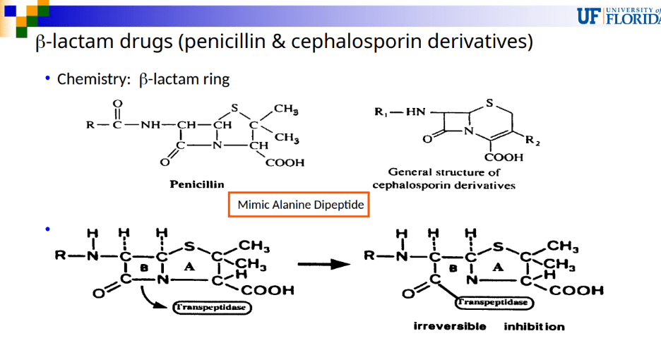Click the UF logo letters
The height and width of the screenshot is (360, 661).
click(589, 16)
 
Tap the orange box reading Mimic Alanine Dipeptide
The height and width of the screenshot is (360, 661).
click(299, 205)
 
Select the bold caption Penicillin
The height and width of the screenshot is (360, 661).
click(197, 184)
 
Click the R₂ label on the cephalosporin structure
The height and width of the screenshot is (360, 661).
click(532, 140)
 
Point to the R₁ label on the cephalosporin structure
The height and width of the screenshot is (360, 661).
click(380, 112)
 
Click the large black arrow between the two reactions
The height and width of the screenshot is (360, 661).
click(323, 264)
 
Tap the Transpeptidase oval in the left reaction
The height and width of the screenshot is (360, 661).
click(212, 307)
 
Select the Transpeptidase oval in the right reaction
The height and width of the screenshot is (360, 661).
click(494, 302)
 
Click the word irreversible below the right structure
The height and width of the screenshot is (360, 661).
click(450, 326)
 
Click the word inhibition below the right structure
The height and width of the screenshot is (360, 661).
click(534, 326)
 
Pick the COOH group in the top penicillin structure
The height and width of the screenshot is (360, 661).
click(285, 163)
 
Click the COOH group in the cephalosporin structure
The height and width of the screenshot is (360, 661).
click(504, 157)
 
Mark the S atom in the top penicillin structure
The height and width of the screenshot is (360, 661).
click(234, 108)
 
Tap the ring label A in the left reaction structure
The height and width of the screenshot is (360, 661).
click(189, 266)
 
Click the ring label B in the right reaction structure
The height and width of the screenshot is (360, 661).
click(453, 268)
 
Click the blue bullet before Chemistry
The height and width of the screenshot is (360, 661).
click(47, 78)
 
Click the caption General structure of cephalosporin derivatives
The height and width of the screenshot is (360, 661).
click(444, 179)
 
